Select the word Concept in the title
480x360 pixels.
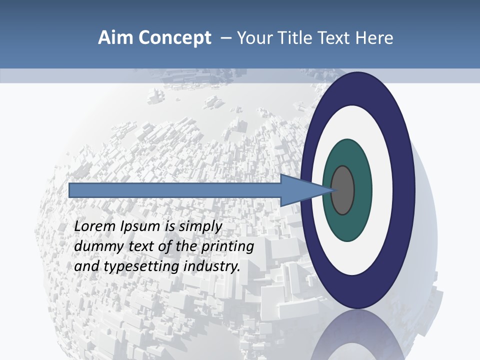[x=175, y=38]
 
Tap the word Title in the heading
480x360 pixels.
[x=294, y=38]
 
